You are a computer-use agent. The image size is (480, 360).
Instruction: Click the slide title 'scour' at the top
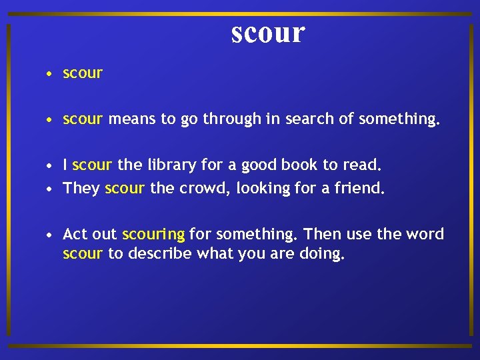(268, 32)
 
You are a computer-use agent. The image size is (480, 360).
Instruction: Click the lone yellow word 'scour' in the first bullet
(83, 73)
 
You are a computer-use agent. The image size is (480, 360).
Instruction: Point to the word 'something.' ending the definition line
(399, 119)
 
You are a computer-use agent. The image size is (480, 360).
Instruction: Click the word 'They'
(81, 189)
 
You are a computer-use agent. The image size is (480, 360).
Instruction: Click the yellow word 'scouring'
(153, 235)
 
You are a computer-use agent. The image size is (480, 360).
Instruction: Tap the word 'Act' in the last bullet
(75, 234)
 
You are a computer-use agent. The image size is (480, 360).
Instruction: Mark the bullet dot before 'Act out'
(50, 235)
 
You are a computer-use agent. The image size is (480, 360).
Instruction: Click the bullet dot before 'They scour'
(50, 189)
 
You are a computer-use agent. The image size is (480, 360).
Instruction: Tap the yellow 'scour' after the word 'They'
(125, 189)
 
